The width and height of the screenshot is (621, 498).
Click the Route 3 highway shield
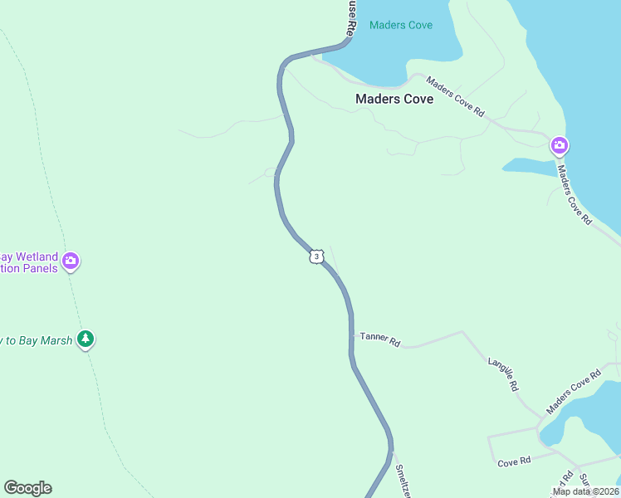(315, 256)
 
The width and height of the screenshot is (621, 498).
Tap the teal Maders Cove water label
(401, 25)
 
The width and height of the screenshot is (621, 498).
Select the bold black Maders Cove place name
(394, 99)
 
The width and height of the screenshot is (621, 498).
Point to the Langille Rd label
(503, 374)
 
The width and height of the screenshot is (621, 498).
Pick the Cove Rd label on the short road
(515, 462)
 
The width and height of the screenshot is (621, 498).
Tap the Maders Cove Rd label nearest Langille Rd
(573, 392)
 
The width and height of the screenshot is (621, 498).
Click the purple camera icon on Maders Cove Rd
(560, 147)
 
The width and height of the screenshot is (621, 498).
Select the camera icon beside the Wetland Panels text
(71, 261)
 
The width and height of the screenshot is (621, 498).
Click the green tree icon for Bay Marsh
(85, 339)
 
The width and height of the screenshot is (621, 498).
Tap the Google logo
(27, 488)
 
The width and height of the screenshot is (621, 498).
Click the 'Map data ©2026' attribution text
(585, 491)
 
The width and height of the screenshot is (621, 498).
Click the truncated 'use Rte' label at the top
(352, 15)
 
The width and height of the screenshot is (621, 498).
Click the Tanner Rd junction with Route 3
(352, 336)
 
